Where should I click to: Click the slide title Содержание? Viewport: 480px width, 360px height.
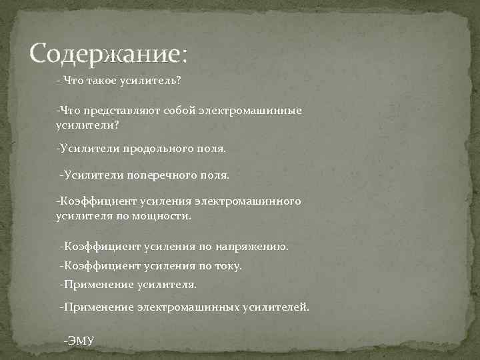(x=109, y=53)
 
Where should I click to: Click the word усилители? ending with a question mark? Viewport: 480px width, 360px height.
(x=81, y=125)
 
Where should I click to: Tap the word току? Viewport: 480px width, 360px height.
(x=229, y=266)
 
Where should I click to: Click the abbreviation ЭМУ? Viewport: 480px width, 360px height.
(x=80, y=341)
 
